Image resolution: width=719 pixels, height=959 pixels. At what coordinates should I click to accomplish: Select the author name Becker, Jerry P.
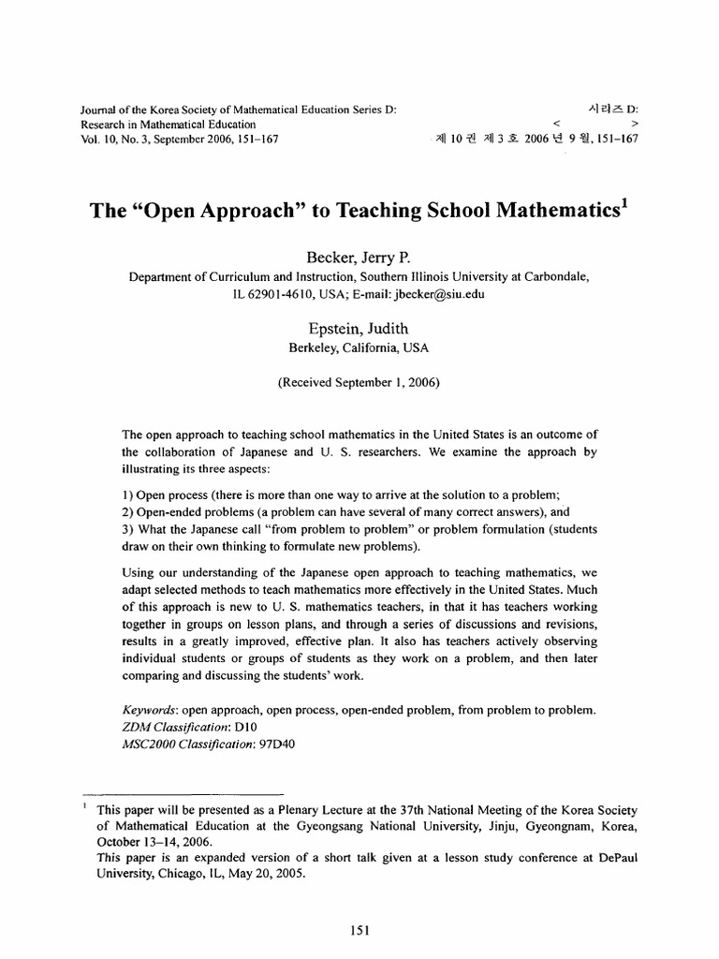coord(359,258)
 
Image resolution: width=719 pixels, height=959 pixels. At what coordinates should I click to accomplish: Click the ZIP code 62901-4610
coord(282,294)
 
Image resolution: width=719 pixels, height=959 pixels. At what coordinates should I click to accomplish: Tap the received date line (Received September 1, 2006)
coord(359,382)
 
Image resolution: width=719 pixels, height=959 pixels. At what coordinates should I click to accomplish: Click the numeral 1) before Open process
coord(129,495)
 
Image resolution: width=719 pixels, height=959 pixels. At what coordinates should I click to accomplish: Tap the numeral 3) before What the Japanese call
coord(129,529)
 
